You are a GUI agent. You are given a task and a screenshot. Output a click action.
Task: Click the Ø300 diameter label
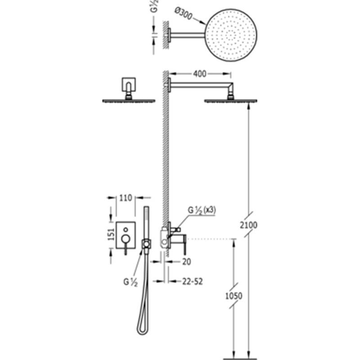click(x=183, y=14)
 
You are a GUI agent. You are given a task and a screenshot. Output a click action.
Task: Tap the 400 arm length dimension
click(x=199, y=74)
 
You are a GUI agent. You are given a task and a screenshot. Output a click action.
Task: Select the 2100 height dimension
click(x=249, y=225)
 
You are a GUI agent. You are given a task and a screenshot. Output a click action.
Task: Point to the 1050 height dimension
click(x=234, y=296)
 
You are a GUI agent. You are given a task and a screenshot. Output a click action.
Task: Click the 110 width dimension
click(x=126, y=198)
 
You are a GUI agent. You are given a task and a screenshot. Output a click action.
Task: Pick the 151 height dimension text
click(x=111, y=234)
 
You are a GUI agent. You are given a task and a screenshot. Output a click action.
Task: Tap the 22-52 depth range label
click(x=193, y=282)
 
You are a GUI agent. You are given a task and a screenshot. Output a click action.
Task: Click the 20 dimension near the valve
click(x=186, y=262)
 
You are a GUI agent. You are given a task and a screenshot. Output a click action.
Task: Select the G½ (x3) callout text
click(x=202, y=210)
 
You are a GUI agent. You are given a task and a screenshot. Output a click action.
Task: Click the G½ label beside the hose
click(x=130, y=282)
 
